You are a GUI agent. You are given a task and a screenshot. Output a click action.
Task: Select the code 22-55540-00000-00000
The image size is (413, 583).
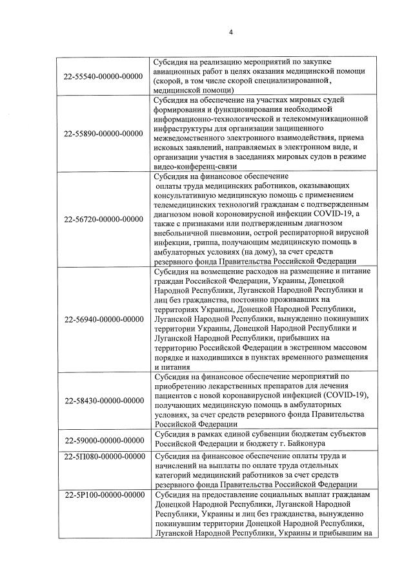click(103, 76)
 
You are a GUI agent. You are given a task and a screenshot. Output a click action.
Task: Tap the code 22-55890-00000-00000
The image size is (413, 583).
click(103, 134)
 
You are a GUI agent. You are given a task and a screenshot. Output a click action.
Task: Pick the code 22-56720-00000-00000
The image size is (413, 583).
click(103, 219)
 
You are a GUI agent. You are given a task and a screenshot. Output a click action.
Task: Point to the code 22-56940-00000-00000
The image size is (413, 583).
click(103, 319)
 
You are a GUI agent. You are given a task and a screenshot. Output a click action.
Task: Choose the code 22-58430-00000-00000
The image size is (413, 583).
click(103, 401)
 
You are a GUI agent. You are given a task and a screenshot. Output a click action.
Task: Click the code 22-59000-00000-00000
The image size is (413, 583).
click(103, 440)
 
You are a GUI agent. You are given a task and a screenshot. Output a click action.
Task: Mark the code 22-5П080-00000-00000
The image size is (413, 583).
click(103, 456)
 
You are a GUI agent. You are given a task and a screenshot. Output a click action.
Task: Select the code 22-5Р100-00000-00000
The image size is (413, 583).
click(103, 495)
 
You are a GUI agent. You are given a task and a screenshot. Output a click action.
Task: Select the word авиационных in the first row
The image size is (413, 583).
click(177, 71)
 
